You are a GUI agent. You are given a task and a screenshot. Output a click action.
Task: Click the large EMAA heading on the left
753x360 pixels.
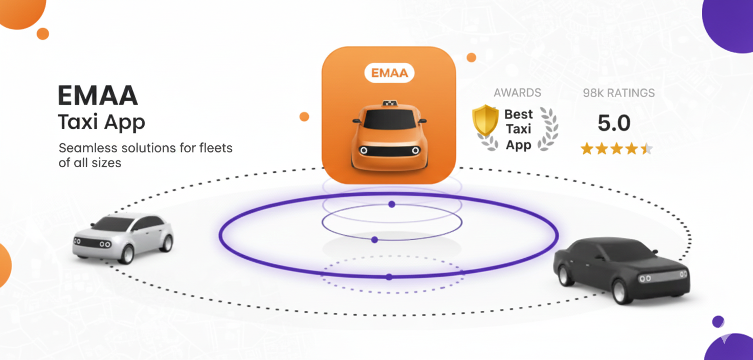[98, 95]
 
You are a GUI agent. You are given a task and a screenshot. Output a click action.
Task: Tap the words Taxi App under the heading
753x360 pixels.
[101, 123]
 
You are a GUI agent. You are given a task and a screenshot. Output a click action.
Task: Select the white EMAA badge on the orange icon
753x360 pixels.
[389, 73]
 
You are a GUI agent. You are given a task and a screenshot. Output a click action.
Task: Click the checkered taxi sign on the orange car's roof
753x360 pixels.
[390, 104]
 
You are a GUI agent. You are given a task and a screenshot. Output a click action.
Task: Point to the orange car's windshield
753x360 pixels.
[389, 120]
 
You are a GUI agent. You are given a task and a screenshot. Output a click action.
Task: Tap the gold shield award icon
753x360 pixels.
[485, 120]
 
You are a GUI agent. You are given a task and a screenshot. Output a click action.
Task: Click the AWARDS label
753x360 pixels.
[517, 93]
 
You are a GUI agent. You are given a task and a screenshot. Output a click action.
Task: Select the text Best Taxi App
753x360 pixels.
[518, 129]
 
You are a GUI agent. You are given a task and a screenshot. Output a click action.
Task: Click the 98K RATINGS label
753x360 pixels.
[618, 93]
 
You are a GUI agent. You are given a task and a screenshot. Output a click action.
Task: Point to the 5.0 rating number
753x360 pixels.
[614, 123]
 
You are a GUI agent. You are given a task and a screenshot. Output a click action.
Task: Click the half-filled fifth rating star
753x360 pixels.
[647, 149]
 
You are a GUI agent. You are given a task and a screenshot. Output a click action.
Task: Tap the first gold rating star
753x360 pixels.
[587, 149]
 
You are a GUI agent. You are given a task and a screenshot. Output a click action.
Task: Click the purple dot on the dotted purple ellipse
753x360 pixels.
[389, 277]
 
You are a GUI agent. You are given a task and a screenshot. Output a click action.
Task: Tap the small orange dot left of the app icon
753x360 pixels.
[304, 117]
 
